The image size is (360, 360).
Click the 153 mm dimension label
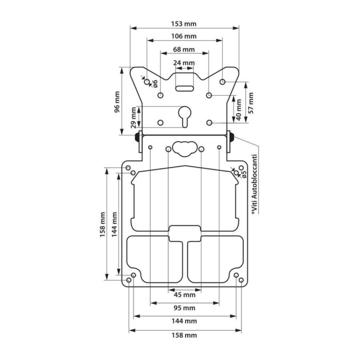(184, 24)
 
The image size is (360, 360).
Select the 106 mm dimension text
(184, 37)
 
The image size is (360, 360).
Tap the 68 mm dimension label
(184, 50)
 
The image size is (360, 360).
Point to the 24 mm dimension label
(184, 63)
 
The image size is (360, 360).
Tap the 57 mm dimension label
(251, 102)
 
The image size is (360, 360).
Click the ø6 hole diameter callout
(154, 83)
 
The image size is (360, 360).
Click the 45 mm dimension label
(184, 295)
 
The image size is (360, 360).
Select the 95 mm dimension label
(184, 308)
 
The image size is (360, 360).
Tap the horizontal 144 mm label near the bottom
(184, 321)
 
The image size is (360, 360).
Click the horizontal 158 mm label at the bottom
(184, 335)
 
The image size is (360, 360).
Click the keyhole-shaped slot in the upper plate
(185, 115)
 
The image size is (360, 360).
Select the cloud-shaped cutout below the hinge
(185, 148)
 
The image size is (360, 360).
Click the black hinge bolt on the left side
(138, 137)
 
